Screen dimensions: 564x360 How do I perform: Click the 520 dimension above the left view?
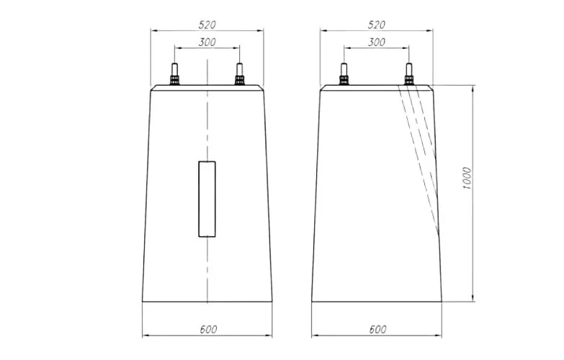tap(207, 24)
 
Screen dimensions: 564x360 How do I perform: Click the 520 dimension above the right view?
tap(376, 24)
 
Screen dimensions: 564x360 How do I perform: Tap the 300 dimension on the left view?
tap(207, 42)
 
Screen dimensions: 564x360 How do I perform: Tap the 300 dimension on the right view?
tap(377, 42)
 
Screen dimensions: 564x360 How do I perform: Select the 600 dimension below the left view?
tap(208, 329)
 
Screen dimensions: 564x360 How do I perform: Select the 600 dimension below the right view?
tap(377, 329)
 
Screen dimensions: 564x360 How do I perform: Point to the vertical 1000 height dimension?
tap(466, 179)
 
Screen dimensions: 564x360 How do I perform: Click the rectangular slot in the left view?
tap(207, 199)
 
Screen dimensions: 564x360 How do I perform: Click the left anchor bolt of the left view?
tap(174, 74)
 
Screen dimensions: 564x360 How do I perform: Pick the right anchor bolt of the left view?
tap(239, 74)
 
